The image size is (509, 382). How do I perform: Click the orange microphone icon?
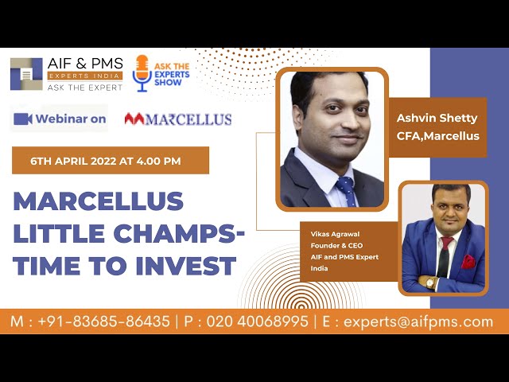142,72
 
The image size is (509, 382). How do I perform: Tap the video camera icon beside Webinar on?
23,119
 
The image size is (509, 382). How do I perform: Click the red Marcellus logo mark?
134,119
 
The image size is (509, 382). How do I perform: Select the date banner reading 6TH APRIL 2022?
111,161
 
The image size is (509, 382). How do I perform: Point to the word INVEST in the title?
185,266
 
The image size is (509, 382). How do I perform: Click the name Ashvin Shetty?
437,119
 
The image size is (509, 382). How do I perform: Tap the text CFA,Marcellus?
438,136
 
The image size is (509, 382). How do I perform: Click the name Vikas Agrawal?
335,234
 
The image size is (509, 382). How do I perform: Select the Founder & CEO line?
336,246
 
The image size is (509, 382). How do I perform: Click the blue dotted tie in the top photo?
347,191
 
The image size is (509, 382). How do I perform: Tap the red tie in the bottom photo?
445,256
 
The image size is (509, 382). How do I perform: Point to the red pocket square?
468,262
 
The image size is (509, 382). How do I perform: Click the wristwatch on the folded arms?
429,283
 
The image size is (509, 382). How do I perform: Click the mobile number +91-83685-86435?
104,322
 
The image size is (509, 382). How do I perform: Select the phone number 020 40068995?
258,322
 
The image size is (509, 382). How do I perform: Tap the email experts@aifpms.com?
418,322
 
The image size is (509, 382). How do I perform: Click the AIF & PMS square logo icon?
26,74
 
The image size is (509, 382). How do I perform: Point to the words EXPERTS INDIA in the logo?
85,76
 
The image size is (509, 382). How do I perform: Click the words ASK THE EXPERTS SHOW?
172,74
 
